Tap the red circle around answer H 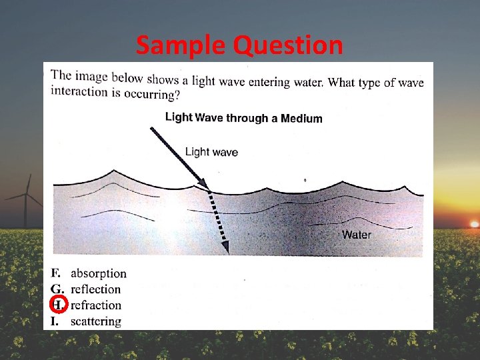pos(59,305)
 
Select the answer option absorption pos(98,273)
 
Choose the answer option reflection pos(95,289)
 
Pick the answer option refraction pos(96,305)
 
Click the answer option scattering pos(96,321)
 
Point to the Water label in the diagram pos(357,235)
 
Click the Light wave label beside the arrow pos(211,152)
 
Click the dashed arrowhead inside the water pos(225,247)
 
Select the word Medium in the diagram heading pos(301,119)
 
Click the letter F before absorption pos(56,273)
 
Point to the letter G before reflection pos(57,289)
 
